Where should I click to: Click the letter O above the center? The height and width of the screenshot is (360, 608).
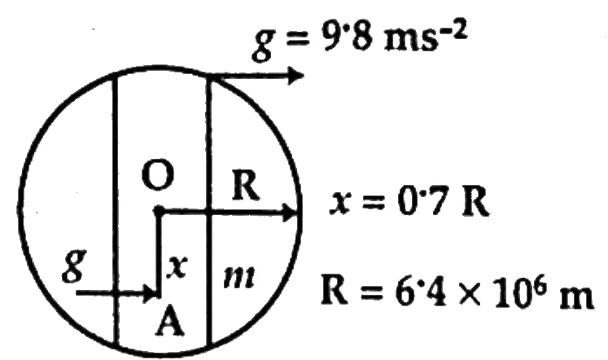[157, 175]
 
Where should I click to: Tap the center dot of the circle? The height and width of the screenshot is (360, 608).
[158, 211]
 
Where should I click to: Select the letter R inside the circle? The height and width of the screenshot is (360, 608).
[246, 186]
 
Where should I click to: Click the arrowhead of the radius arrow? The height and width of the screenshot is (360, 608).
[290, 213]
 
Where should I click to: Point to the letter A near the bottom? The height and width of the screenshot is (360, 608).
[169, 320]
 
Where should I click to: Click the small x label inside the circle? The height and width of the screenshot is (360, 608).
[177, 267]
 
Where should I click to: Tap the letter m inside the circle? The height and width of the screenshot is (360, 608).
[240, 278]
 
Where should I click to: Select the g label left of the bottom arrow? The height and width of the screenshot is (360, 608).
[74, 266]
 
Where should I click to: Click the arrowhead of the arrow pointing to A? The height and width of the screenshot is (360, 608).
[152, 294]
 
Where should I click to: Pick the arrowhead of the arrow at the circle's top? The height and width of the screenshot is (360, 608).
[295, 75]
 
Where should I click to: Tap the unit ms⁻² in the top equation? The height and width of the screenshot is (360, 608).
[426, 37]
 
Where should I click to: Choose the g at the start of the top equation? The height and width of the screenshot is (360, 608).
[263, 46]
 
